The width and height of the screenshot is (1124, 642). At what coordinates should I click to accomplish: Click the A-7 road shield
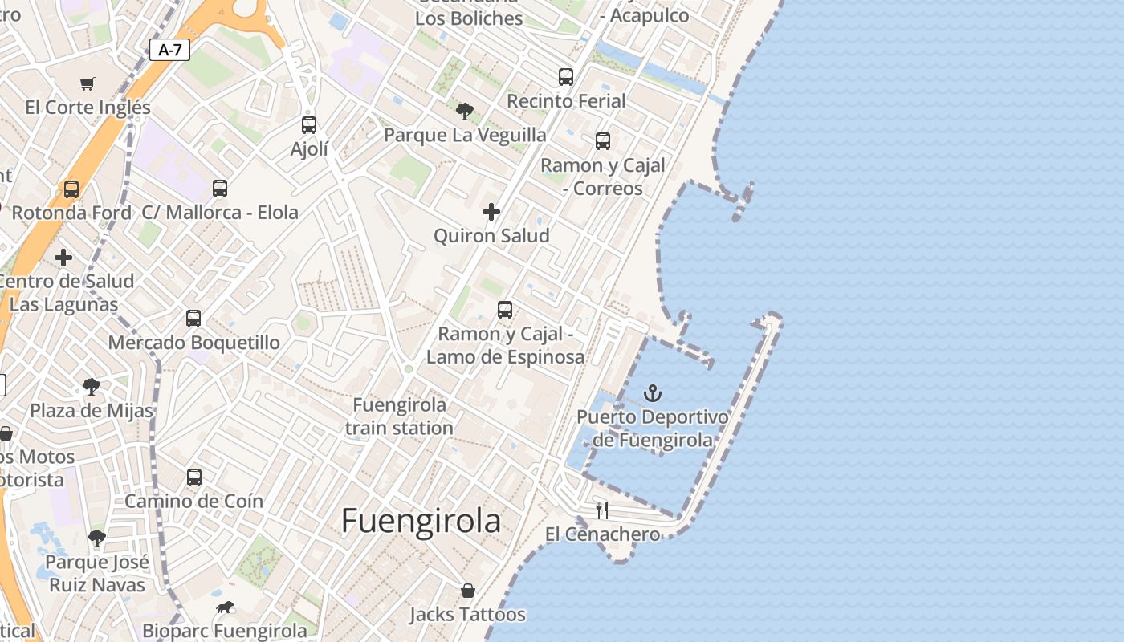tap(169, 50)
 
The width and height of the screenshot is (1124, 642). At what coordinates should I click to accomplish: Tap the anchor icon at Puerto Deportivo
tap(653, 393)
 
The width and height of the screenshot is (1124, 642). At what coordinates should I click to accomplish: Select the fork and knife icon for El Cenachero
tap(602, 510)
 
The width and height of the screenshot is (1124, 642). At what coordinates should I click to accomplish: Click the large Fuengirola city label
tap(421, 522)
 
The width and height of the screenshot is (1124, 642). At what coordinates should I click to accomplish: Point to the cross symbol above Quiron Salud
tap(491, 212)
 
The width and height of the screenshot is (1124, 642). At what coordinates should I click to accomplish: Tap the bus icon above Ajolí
tap(309, 125)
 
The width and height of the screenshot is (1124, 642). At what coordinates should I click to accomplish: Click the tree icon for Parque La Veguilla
tap(464, 111)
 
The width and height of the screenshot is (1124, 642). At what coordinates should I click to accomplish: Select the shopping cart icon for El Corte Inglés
tap(88, 83)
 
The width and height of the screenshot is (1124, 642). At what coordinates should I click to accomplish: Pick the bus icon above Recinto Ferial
tap(566, 77)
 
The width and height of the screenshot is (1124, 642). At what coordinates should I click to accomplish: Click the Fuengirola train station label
tap(400, 416)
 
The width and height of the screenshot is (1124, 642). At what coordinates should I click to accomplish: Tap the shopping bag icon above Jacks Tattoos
tap(467, 591)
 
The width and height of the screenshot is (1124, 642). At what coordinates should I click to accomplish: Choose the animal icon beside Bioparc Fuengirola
tap(224, 607)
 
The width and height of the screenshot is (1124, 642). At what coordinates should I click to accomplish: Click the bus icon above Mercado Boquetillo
tap(193, 318)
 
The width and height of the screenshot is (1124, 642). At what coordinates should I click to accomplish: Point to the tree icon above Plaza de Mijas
tap(92, 387)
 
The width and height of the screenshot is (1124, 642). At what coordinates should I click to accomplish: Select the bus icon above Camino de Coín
tap(193, 477)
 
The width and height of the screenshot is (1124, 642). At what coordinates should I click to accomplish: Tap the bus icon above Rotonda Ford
tap(71, 189)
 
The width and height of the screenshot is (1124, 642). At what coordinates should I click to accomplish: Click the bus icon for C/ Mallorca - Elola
tap(220, 189)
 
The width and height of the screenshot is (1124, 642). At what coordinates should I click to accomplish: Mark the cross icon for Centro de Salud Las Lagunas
tap(63, 258)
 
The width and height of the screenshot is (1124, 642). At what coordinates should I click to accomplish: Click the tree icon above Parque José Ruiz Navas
tap(97, 538)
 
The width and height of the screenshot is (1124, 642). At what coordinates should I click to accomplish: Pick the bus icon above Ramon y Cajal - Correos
tap(603, 141)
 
